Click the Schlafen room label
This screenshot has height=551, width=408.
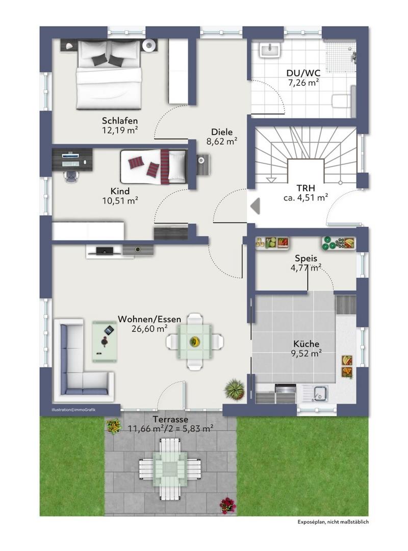pos(120,120)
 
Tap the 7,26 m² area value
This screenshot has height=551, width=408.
pos(303,83)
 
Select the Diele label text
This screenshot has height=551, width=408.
pos(222,132)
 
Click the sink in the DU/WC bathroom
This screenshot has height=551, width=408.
pos(270,49)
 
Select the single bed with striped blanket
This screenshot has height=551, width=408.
pos(154,166)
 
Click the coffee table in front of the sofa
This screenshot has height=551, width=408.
pos(105,341)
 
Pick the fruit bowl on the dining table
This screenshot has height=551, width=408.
pos(194,341)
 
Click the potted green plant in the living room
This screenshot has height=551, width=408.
pos(235,389)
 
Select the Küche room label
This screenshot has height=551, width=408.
pos(307,344)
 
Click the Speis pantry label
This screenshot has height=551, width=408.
pos(306,258)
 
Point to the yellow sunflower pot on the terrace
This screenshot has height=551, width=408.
pos(114,426)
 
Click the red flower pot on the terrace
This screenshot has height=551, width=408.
pos(227,505)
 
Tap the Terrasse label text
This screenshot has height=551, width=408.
pos(170,419)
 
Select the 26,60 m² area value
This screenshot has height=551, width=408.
pos(149,329)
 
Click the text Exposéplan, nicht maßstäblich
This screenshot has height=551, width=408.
pos(333,522)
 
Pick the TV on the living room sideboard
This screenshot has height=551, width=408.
pos(105,251)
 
